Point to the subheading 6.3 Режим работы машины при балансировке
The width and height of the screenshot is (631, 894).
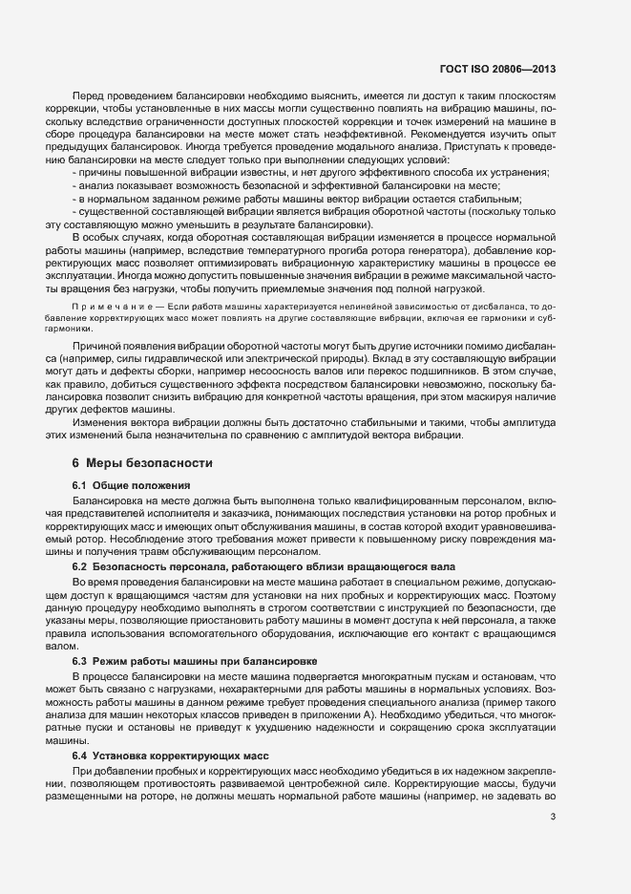click(195, 661)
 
